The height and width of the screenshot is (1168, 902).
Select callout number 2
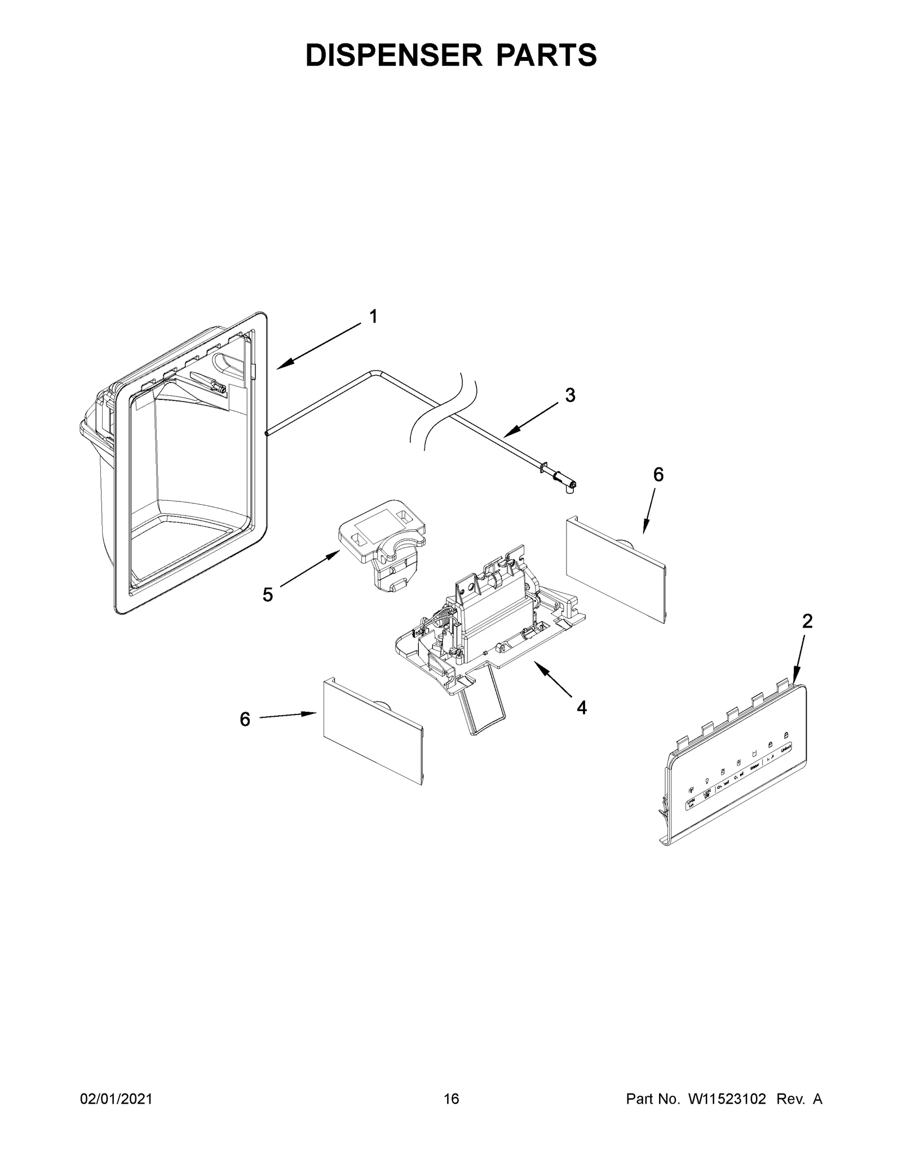point(807,622)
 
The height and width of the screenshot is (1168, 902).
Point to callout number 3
point(570,395)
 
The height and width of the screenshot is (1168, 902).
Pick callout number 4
point(581,707)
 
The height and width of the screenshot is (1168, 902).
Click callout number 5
point(268,594)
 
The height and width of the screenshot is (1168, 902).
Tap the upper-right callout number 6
point(658,475)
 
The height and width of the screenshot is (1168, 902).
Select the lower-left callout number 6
point(245,719)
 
